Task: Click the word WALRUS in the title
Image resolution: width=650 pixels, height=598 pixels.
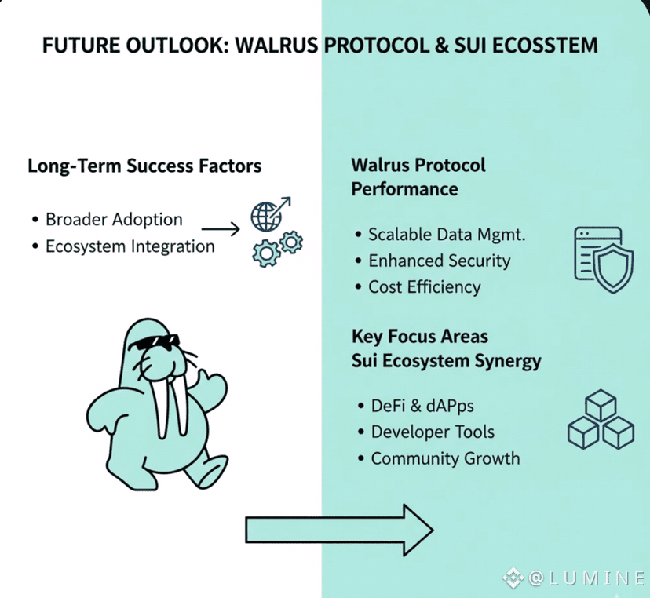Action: [x=276, y=45]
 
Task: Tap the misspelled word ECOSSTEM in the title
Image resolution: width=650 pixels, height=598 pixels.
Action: [x=545, y=45]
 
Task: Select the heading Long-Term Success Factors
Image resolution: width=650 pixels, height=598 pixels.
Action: [x=144, y=166]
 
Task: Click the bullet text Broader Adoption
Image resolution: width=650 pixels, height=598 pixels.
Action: [x=114, y=219]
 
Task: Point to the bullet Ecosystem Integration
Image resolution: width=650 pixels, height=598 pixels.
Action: [x=130, y=246]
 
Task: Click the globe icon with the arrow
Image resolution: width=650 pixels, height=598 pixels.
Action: [x=270, y=213]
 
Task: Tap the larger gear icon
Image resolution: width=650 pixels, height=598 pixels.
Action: [x=265, y=253]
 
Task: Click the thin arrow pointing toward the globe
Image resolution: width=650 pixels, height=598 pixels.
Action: [x=221, y=228]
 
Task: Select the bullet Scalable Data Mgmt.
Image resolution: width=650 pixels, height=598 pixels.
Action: [x=447, y=235]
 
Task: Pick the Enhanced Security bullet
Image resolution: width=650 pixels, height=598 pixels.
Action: [x=440, y=261]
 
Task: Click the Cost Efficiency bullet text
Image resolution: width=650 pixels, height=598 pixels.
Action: [x=425, y=286]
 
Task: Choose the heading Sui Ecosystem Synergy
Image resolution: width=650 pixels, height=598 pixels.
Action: [x=447, y=360]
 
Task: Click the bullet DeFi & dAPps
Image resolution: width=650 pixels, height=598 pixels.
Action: [x=422, y=406]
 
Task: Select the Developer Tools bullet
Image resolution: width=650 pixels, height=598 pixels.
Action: [x=433, y=432]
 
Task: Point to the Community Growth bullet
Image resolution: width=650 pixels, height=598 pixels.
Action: [x=445, y=458]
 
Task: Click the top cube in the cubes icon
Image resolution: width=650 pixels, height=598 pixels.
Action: [x=601, y=405]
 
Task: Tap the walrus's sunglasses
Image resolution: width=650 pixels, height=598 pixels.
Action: [x=154, y=342]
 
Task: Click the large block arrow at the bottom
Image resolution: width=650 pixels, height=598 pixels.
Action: [x=339, y=530]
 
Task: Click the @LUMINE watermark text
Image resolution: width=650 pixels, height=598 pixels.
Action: [x=586, y=578]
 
